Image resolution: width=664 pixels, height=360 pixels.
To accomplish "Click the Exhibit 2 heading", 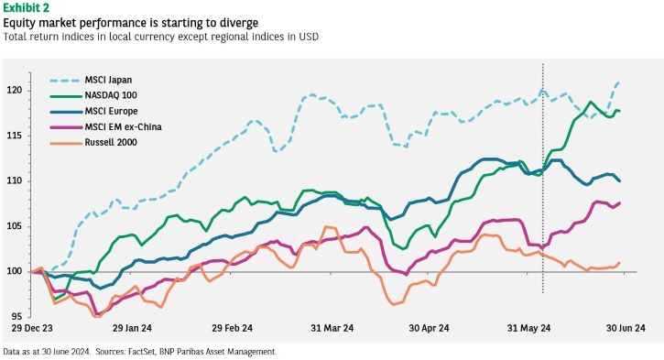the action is pyautogui.click(x=26, y=7).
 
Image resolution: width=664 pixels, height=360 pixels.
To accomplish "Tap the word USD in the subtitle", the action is pyautogui.click(x=309, y=37).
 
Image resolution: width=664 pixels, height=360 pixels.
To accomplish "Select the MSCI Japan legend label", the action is pyautogui.click(x=108, y=80).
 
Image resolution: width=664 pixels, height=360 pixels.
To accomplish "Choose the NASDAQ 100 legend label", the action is pyautogui.click(x=111, y=95).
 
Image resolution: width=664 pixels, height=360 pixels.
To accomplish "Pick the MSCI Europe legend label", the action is pyautogui.click(x=112, y=111).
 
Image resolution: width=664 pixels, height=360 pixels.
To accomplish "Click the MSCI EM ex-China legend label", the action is pyautogui.click(x=124, y=126).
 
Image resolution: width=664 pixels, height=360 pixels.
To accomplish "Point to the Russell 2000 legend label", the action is pyautogui.click(x=111, y=142).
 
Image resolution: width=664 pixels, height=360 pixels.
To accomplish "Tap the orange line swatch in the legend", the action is pyautogui.click(x=66, y=143).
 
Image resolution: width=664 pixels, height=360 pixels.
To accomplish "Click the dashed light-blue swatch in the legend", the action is pyautogui.click(x=65, y=81).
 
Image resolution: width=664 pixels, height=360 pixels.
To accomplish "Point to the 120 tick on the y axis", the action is pyautogui.click(x=15, y=90).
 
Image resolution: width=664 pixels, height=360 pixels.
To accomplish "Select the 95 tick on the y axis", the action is pyautogui.click(x=16, y=317).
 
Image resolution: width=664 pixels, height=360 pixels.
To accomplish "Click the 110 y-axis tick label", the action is pyautogui.click(x=15, y=180).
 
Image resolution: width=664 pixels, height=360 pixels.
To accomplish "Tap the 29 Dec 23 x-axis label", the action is pyautogui.click(x=32, y=328).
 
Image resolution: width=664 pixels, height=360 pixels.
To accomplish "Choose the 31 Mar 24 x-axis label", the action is pyautogui.click(x=332, y=328).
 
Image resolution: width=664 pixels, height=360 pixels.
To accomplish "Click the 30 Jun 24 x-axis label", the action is pyautogui.click(x=626, y=328).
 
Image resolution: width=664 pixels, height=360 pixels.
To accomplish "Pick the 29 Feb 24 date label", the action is pyautogui.click(x=232, y=328).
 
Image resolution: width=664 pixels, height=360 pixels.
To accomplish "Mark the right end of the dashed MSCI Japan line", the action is pyautogui.click(x=619, y=82).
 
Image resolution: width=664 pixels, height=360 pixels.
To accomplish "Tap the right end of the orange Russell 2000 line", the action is pyautogui.click(x=619, y=263).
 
